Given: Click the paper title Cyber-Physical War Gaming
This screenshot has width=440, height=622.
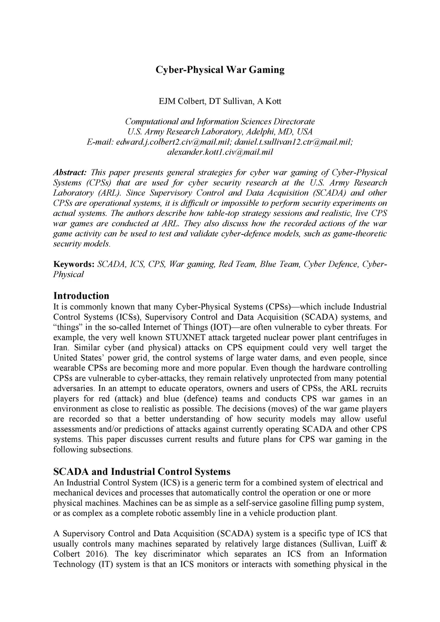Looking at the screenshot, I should [220, 70].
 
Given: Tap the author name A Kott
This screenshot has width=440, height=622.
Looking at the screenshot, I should [269, 101].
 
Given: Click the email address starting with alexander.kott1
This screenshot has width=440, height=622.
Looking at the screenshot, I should [220, 152].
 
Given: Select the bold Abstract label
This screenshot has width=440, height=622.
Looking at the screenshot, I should [70, 173].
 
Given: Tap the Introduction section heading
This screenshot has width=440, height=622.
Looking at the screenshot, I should [81, 296].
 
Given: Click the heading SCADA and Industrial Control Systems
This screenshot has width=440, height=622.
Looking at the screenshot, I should [141, 472].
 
